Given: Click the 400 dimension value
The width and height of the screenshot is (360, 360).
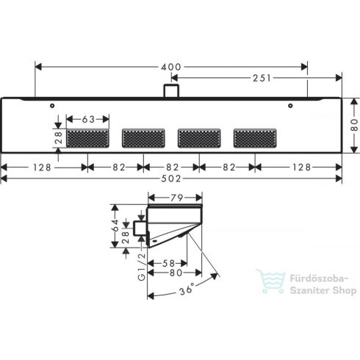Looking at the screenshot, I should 171,67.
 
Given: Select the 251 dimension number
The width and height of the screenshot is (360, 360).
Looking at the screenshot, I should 243,77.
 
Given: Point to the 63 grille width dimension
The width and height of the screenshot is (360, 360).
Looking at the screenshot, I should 88,117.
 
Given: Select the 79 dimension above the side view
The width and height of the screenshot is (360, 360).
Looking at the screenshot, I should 176,197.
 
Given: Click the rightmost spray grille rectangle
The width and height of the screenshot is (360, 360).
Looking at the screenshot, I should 255,137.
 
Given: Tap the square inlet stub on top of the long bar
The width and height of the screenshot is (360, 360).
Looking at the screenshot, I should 171,91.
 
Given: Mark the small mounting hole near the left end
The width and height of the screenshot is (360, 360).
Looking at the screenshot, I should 54,107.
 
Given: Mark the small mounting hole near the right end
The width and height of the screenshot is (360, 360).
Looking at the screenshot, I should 290,107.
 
